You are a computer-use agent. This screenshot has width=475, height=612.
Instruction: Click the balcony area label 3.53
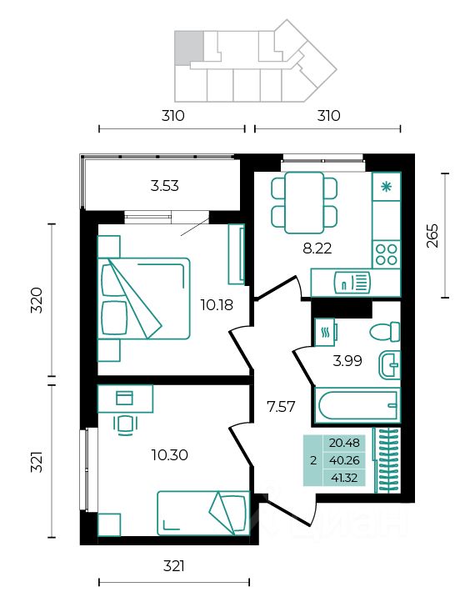point(164,186)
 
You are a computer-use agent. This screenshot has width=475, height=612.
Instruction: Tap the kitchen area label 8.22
point(317,248)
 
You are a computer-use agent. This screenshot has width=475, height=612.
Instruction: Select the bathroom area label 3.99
point(347,361)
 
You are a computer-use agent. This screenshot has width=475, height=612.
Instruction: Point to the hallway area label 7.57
point(281,407)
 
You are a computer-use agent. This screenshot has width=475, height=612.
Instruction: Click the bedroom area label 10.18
point(217,304)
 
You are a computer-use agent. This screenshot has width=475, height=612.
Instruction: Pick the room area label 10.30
point(170,454)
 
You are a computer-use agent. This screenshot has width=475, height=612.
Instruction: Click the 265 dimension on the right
point(432,235)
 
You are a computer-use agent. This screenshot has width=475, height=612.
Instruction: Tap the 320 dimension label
point(37,300)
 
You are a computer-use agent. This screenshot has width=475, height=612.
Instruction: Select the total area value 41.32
point(343,478)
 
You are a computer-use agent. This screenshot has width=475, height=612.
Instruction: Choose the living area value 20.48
point(344,443)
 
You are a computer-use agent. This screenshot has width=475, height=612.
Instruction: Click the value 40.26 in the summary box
point(344,460)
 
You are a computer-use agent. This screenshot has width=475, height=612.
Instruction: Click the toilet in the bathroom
point(385,332)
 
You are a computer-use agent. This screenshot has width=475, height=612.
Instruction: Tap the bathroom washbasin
point(390,364)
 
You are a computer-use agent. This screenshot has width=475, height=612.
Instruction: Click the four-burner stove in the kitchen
point(386,254)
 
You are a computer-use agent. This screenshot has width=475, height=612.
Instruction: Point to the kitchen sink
point(352,283)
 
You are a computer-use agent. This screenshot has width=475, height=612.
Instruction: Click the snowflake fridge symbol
point(387,187)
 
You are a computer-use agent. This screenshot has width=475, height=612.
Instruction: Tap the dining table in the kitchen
point(304,203)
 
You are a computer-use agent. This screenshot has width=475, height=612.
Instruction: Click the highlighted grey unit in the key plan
point(189,48)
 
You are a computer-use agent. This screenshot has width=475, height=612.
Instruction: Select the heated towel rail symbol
point(325,332)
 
